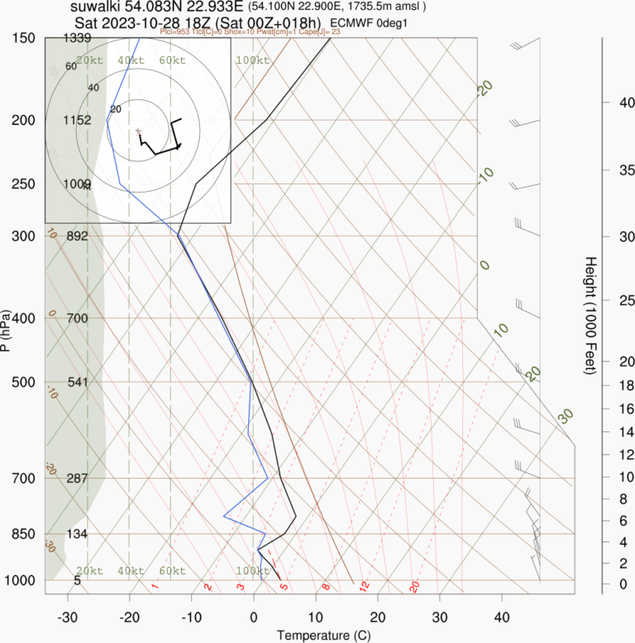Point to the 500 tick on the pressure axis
pos(22,382)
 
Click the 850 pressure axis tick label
pos(22,534)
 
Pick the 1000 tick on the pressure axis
pos(19,581)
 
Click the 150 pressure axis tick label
pos(22,38)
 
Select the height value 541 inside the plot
pos(78,382)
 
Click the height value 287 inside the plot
pos(78,479)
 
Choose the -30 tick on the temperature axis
pos(68,617)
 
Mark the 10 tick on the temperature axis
pos(315,617)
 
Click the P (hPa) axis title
pos(7,331)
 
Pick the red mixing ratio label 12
pos(363,586)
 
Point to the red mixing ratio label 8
pos(327,586)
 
